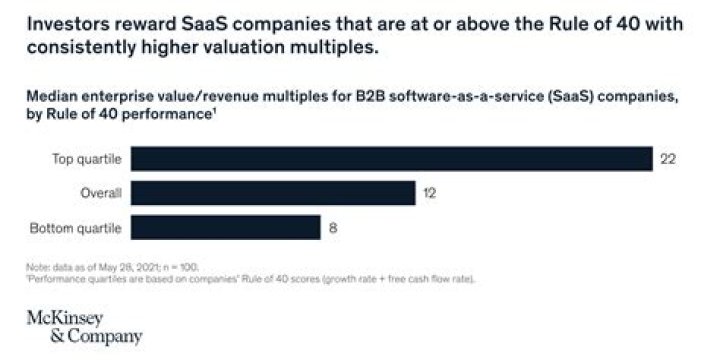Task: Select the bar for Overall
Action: point(273,193)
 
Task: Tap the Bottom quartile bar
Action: point(226,228)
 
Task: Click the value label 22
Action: point(668,159)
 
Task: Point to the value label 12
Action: point(429,193)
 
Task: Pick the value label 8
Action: point(332,228)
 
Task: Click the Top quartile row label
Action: point(87,159)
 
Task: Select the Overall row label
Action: point(100,193)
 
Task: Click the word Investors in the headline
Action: point(62,24)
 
